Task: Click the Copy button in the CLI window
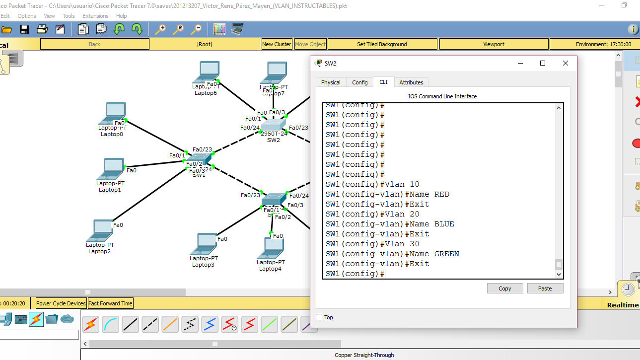pos(504,288)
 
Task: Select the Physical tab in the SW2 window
pos(331,82)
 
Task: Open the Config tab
pos(359,82)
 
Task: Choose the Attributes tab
pos(411,82)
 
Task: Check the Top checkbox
pos(319,317)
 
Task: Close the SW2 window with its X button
pos(565,63)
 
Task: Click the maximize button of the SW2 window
pos(543,63)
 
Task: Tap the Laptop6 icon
pos(206,72)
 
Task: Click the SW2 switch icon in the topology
pos(274,125)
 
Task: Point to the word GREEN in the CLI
pos(446,254)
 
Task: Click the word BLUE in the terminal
pos(444,224)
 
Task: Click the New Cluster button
pos(277,44)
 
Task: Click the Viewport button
pos(494,44)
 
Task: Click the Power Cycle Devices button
pos(61,303)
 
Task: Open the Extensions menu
pos(95,16)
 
